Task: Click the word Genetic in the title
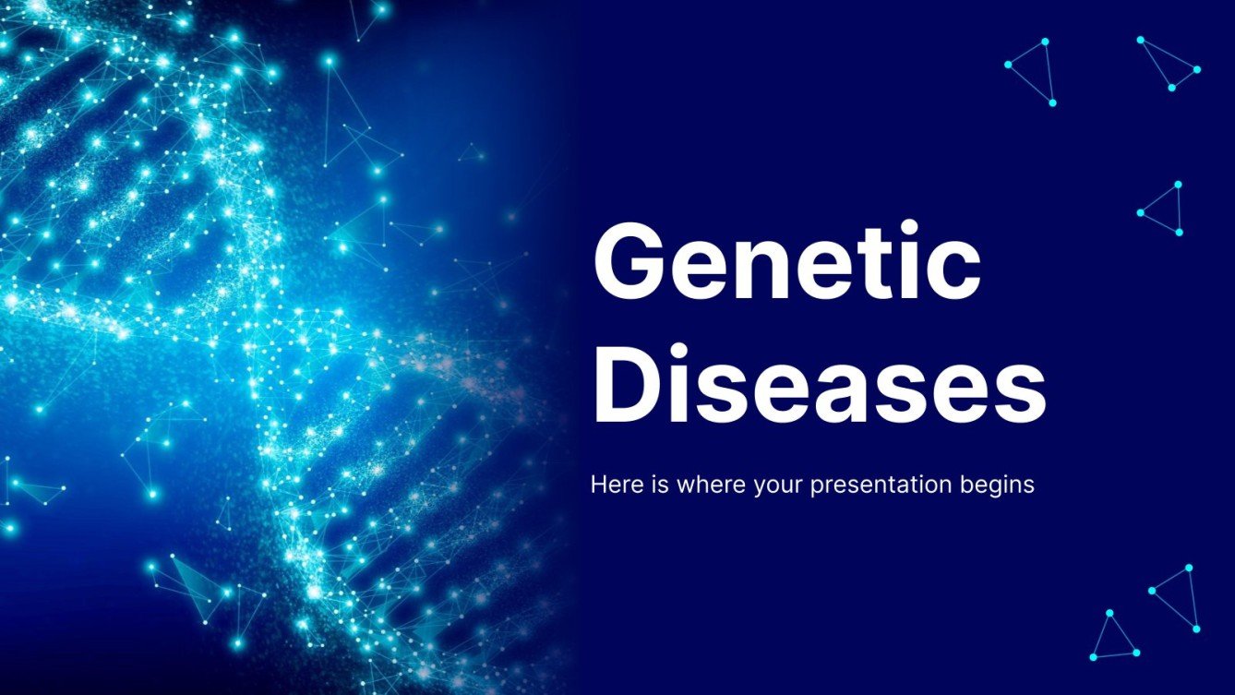point(785,263)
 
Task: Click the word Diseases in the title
point(818,380)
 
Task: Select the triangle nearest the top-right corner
point(1169,65)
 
